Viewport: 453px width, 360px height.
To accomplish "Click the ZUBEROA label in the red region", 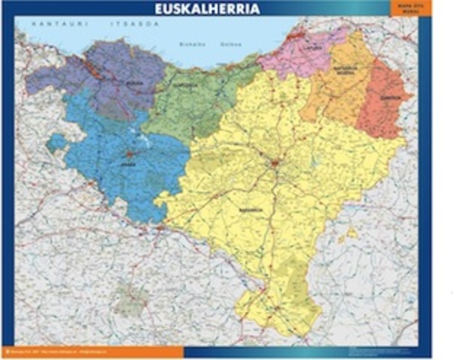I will pos(389,97).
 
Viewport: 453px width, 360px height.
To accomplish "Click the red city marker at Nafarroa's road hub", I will pos(274,162).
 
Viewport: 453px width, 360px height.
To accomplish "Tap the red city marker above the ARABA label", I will pos(129,153).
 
